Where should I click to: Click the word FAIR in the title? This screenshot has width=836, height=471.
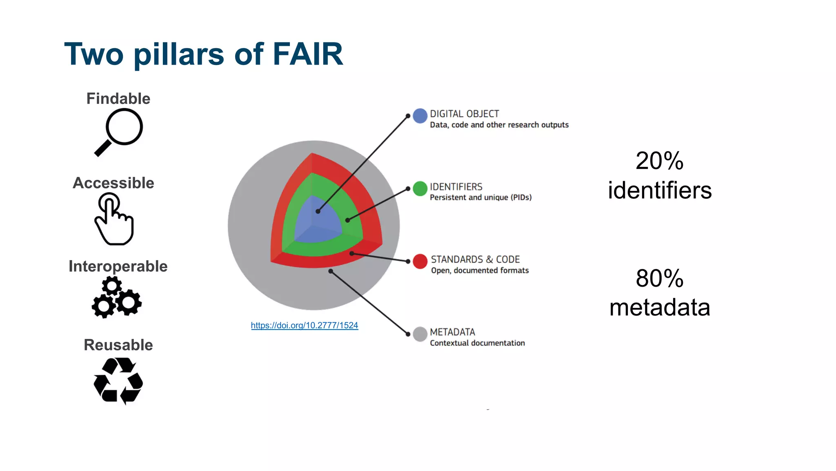coord(307,54)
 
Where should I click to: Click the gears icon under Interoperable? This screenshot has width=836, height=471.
coord(117,297)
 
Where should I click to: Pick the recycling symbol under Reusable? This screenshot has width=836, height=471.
coord(118,381)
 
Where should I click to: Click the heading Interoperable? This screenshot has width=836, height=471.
coord(118,266)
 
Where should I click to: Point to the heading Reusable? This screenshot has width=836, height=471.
coord(118,345)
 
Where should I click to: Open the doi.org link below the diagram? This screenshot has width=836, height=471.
coord(305,325)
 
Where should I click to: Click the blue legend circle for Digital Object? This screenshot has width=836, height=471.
coord(420,116)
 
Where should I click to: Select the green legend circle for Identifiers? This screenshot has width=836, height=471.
coord(420,188)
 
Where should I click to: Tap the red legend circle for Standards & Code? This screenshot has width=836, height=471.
coord(420,261)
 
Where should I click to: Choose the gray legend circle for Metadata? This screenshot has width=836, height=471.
coord(420,334)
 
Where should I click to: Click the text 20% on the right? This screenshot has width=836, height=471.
coord(659,161)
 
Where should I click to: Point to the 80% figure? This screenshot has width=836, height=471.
coord(659,278)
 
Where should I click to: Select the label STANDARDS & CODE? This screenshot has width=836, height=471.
coord(475,260)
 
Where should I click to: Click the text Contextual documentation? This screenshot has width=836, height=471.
coord(477,343)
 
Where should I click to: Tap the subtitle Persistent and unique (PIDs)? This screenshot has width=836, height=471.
coord(480,197)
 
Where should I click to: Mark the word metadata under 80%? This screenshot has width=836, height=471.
coord(659,307)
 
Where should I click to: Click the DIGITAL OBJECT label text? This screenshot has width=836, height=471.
coord(464,114)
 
